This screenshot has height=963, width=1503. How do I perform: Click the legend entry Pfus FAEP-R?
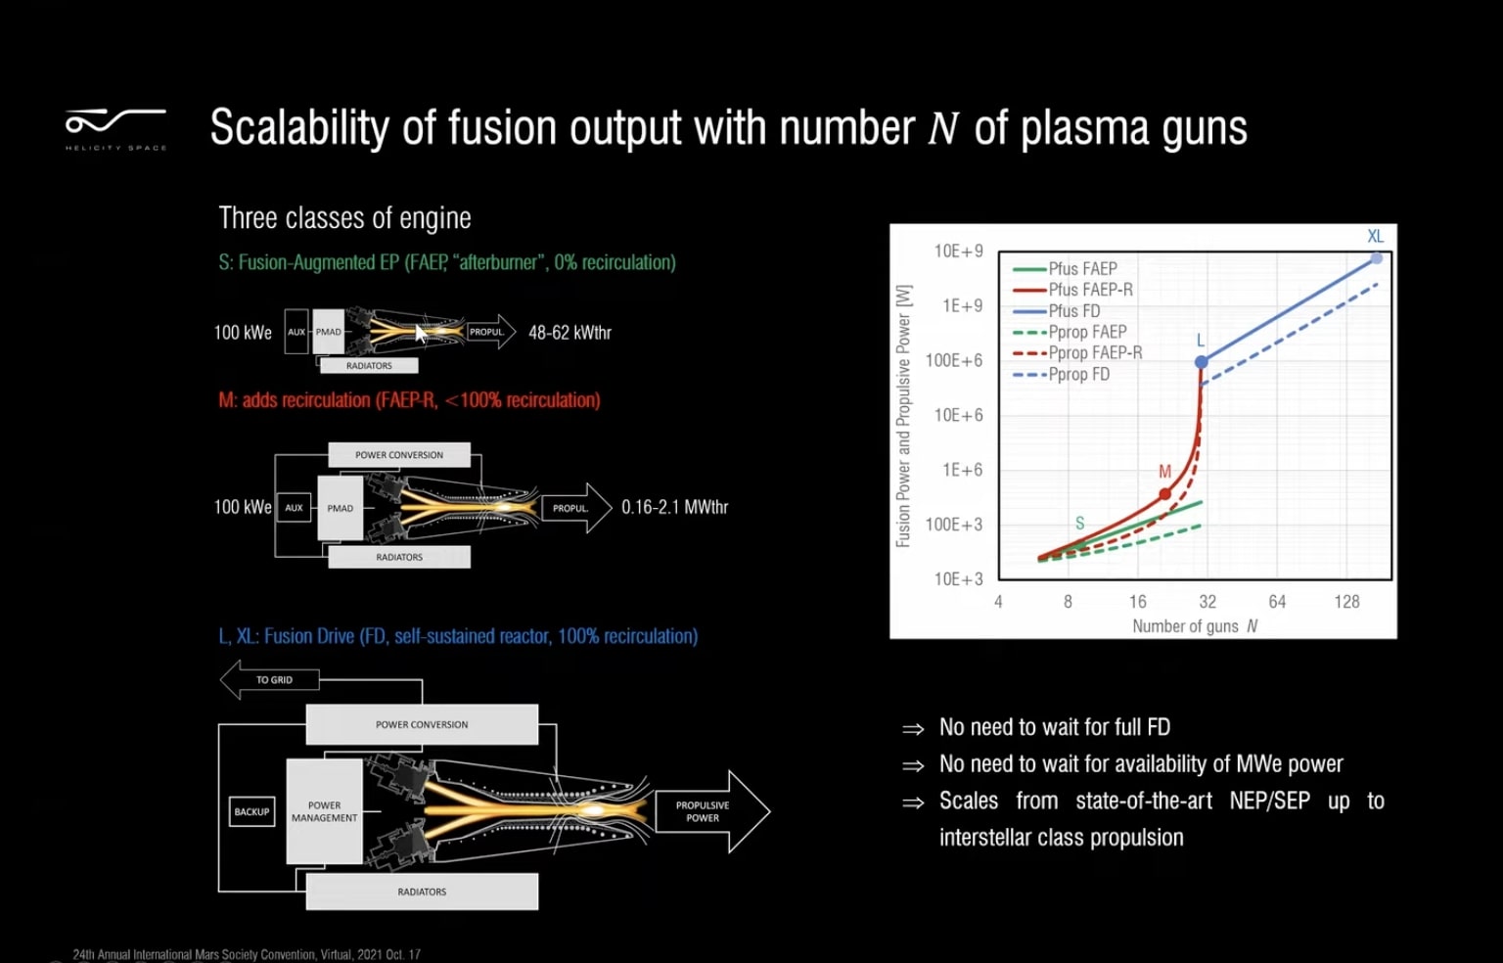tap(1090, 290)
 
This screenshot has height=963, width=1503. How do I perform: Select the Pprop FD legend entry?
tap(1078, 374)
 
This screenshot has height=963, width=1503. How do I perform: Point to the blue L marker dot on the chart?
tap(1202, 362)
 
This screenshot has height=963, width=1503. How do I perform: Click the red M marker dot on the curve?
tap(1164, 494)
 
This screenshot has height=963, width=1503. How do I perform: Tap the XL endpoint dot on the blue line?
tap(1376, 258)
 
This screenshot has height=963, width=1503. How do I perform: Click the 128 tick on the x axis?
tap(1346, 602)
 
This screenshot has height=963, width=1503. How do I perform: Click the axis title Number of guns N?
tap(1194, 626)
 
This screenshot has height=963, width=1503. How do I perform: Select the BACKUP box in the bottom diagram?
tap(251, 811)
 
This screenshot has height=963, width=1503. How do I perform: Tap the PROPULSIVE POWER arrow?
tap(709, 811)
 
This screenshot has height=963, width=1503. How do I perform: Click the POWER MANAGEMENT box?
tap(324, 811)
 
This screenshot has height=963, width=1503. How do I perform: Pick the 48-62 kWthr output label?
tap(569, 333)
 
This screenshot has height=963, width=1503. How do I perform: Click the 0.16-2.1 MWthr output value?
tap(674, 507)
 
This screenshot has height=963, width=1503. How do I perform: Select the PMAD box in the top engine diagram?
tap(329, 332)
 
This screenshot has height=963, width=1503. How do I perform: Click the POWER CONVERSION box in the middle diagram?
tap(398, 455)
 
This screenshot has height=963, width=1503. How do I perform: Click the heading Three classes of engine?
tap(344, 218)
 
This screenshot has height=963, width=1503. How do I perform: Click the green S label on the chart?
tap(1079, 523)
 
